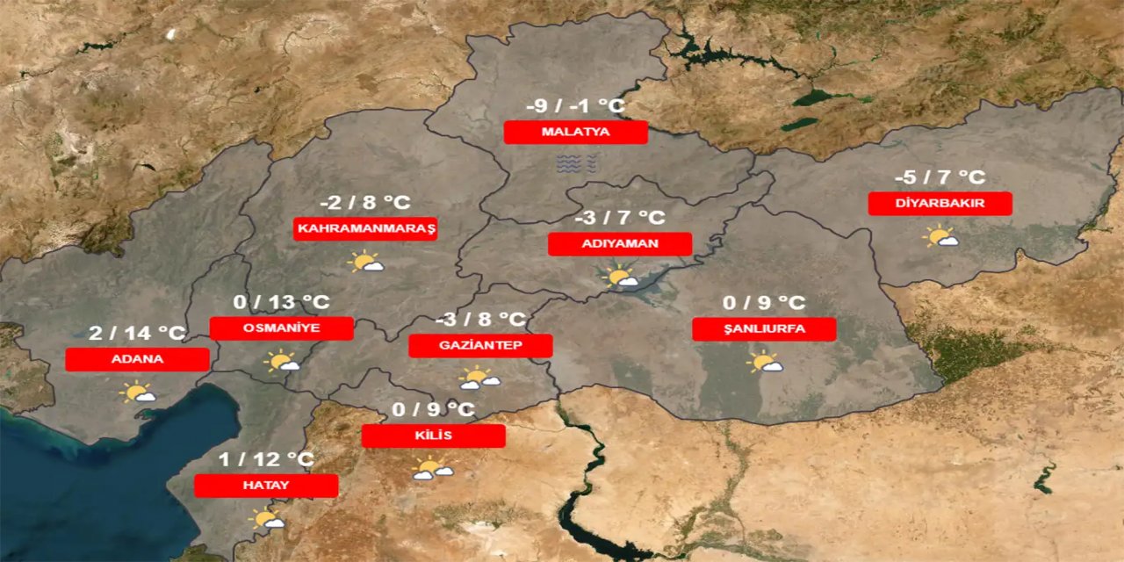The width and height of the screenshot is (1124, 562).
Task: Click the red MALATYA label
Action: point(575,133)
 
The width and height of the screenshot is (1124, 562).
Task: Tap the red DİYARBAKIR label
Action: point(940,204)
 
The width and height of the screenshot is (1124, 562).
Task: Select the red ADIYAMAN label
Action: point(619,244)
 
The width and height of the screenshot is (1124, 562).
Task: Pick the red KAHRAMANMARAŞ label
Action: point(365,229)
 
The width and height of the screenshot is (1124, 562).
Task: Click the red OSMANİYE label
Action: point(281,328)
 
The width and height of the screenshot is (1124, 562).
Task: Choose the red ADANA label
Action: point(137,359)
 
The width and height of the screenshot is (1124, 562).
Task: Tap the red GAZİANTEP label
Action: point(480,345)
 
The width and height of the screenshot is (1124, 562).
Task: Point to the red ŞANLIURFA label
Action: point(764,329)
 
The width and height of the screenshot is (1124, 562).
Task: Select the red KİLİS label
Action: point(433,436)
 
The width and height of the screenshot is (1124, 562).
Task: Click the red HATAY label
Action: point(265,486)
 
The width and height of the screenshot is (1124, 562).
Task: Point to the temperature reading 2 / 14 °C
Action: point(137,334)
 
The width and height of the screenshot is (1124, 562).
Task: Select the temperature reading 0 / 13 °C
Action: point(281,303)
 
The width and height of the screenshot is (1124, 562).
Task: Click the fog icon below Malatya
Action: point(576,162)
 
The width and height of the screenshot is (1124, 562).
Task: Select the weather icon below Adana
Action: point(139,393)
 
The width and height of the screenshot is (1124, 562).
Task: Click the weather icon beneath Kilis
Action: point(432,470)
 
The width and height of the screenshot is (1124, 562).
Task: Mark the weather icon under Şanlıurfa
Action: point(765,362)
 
